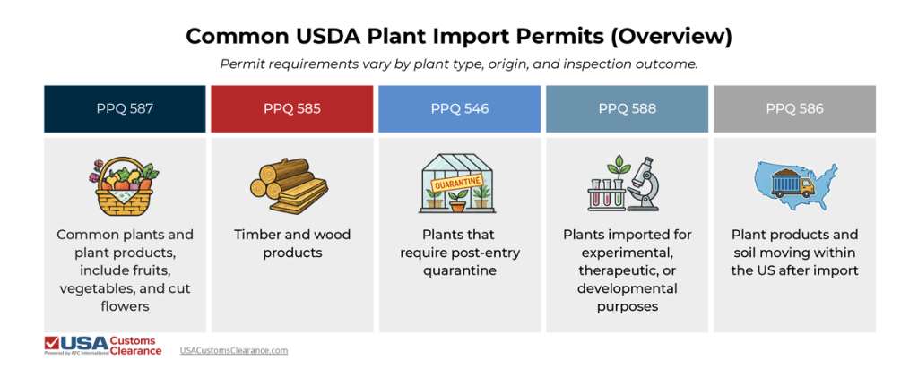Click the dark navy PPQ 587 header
click(x=125, y=108)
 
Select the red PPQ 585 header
click(x=291, y=108)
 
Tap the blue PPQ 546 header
click(x=459, y=108)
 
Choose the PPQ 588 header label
click(x=627, y=108)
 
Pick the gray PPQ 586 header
click(x=794, y=108)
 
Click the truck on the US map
click(x=797, y=186)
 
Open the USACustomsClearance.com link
click(x=234, y=350)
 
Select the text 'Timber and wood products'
click(x=291, y=244)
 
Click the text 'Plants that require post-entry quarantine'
click(x=459, y=253)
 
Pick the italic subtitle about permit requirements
click(x=459, y=64)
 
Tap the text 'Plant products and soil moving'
click(x=794, y=244)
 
